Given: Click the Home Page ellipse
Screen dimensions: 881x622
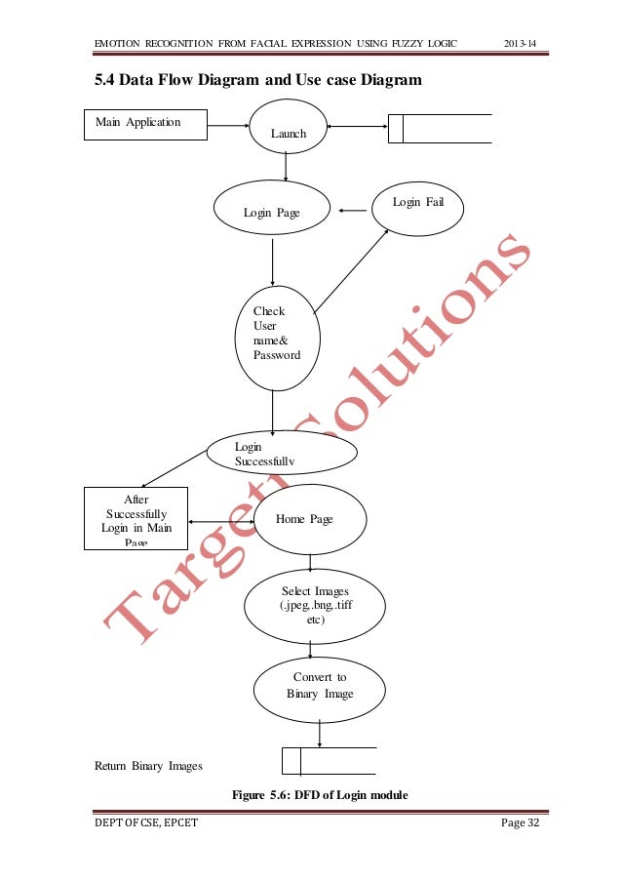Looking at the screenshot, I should coord(308,519).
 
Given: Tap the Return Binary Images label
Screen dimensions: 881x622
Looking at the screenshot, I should coord(148,766).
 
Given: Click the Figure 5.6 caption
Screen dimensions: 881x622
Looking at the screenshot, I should coord(319,796).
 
